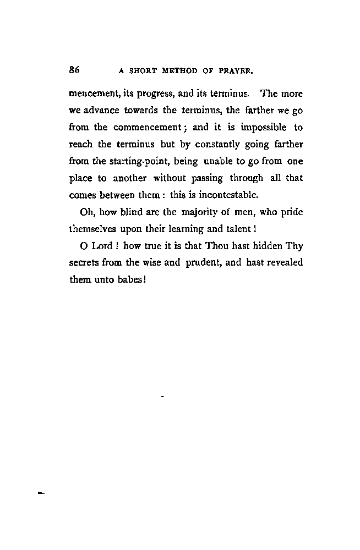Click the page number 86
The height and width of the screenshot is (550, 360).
coord(75,70)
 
